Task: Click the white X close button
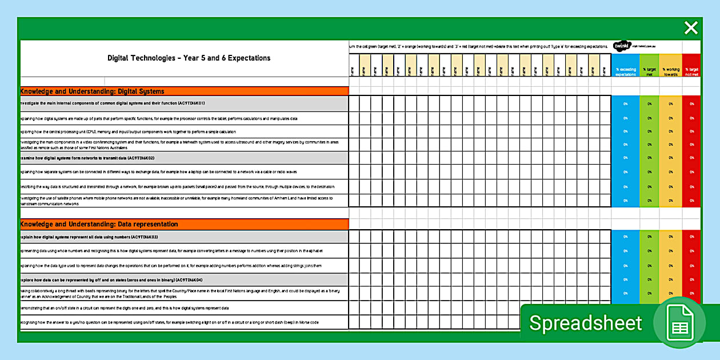coord(691,27)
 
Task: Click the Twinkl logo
coord(621,46)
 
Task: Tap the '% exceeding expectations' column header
coord(625,71)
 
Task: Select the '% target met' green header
coord(649,71)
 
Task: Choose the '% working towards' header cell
coord(670,71)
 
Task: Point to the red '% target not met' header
coord(691,71)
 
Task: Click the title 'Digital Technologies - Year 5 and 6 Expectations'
coord(189,58)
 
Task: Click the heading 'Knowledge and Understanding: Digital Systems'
coord(93,91)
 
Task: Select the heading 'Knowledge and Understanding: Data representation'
coord(99,224)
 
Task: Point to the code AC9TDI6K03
coord(144,237)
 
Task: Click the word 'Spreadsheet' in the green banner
coord(586,323)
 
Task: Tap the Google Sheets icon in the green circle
coord(679,323)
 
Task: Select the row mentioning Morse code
coord(171,322)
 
